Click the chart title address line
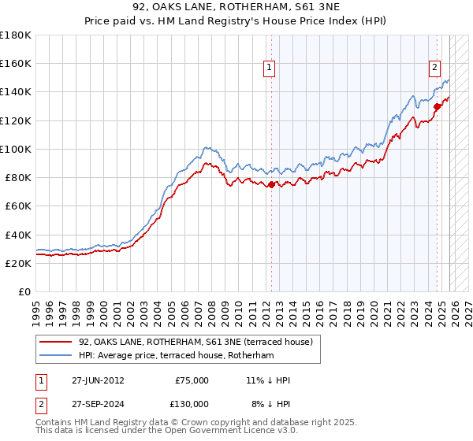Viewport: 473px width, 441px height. coord(236,7)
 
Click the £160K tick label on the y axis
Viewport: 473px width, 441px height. coord(16,63)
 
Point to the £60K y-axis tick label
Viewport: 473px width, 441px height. coord(18,206)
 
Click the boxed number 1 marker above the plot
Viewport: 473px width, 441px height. coord(270,69)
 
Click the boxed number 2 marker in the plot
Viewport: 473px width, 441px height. coord(434,69)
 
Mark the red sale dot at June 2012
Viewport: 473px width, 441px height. coord(271,185)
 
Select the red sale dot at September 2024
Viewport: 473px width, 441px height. coord(436,106)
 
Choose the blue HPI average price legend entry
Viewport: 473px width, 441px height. coord(175,356)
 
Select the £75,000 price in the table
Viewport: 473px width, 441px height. coord(191,380)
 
